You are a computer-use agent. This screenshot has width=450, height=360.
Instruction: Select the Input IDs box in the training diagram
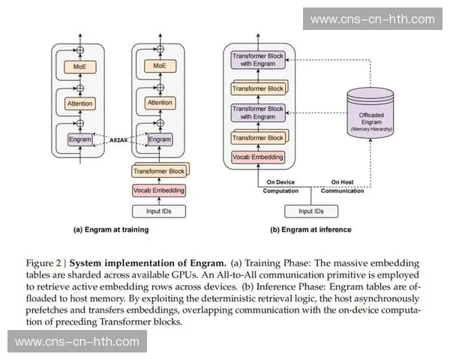[x=158, y=211]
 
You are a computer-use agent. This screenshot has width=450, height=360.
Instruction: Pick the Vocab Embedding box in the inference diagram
[x=258, y=157]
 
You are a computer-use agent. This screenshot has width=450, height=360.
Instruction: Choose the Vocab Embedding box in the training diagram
[x=158, y=190]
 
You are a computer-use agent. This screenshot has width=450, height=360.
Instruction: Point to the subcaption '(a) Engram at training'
[x=111, y=229]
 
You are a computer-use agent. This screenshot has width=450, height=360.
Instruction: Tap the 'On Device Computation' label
[x=278, y=185]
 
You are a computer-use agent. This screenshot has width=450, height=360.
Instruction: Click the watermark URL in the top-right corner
[x=372, y=19]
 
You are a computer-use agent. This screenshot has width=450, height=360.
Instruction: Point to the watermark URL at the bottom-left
[x=77, y=341]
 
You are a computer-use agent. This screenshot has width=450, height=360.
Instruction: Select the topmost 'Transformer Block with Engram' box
[x=257, y=60]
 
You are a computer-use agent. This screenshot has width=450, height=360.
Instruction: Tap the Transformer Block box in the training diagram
[x=158, y=170]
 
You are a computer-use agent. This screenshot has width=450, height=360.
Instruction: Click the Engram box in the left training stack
[x=79, y=139]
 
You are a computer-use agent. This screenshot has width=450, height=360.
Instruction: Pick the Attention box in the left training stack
[x=79, y=103]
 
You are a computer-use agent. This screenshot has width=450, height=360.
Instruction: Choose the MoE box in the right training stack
[x=158, y=67]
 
